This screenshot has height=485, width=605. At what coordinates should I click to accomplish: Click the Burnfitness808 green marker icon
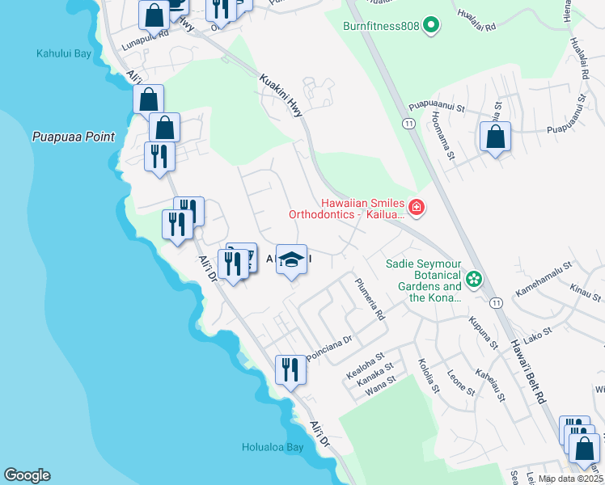pos(431,26)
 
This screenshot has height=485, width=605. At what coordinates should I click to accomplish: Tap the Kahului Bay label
pos(64,54)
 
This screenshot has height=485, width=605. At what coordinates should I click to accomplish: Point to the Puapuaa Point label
pos(74,137)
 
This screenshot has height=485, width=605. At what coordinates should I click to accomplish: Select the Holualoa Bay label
pos(273,447)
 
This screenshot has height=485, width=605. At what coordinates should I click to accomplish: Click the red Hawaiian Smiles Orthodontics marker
pos(417,209)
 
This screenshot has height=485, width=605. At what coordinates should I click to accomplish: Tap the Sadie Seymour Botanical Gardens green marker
pos(474,280)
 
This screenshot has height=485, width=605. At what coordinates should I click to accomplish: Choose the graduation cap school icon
pos(291,259)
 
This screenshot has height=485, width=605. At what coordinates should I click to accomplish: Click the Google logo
pos(27,475)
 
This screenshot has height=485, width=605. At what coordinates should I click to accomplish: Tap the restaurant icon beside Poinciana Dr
pos(290,369)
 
